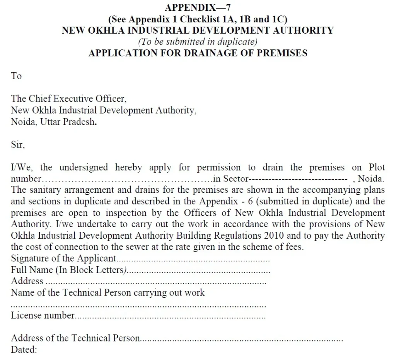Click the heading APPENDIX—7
[x=198, y=7]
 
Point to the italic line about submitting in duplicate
[x=198, y=41]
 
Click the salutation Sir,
[x=18, y=145]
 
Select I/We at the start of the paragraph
[x=19, y=168]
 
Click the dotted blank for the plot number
[x=126, y=179]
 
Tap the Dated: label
[x=24, y=350]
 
